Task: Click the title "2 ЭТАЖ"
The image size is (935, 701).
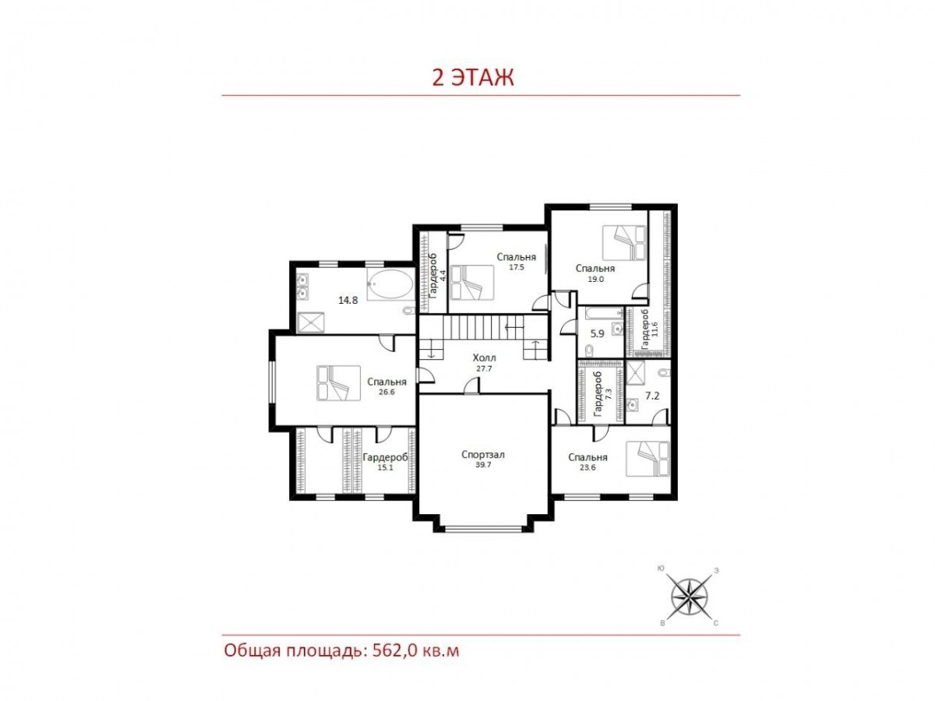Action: coord(473,77)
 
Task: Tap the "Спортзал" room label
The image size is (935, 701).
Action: coord(482,455)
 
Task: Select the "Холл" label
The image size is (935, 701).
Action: coord(485,358)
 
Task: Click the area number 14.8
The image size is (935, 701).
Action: coord(348,300)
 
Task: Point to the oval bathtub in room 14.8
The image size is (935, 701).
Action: coord(390,285)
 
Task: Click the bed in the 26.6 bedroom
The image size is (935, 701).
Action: coord(338,383)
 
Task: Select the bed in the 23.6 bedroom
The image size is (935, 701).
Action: coord(647,459)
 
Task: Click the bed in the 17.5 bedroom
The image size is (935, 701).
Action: coord(472,283)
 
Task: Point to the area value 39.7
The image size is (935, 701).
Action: coord(484,465)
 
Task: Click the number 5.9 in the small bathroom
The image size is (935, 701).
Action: coord(597,333)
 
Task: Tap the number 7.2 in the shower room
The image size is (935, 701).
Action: coord(652,396)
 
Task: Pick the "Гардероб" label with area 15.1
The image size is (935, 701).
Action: coord(385,457)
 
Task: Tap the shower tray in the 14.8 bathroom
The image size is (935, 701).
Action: coord(311,322)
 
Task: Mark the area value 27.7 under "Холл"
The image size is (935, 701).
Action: coord(484,368)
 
